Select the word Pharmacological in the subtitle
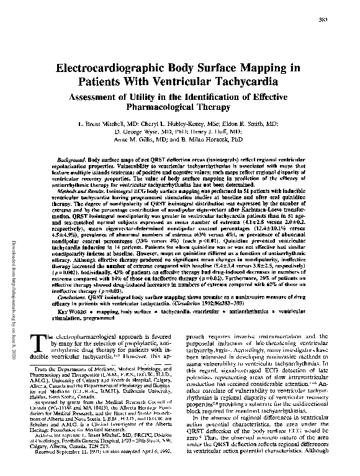[x=163, y=108]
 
